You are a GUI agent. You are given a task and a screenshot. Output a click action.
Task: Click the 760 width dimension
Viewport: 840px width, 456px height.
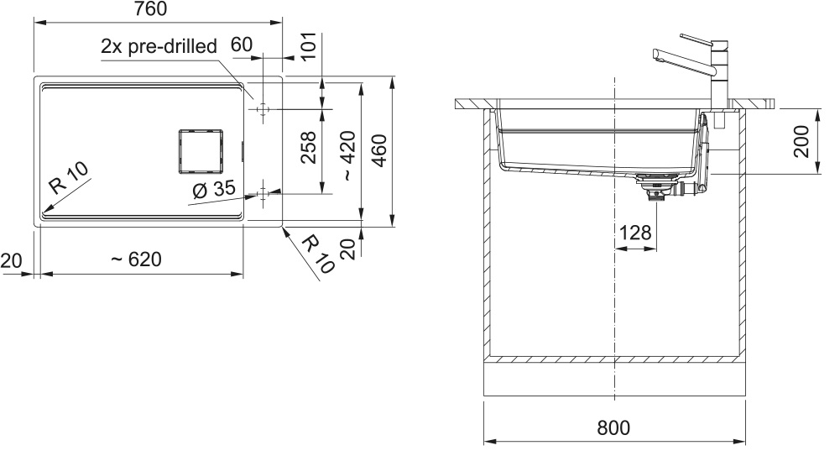click(150, 9)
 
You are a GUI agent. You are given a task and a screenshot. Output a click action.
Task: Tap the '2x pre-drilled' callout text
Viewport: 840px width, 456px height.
click(159, 47)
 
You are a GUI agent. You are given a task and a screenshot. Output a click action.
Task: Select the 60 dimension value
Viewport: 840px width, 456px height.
click(242, 45)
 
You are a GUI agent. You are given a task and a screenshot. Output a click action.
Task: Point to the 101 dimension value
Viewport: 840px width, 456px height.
click(309, 47)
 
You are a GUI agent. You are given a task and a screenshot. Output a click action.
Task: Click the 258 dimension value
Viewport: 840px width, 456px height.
click(309, 147)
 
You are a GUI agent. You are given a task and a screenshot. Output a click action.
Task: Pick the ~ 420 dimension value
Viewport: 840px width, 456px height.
click(347, 155)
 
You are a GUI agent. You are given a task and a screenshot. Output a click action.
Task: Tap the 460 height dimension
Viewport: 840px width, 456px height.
click(378, 150)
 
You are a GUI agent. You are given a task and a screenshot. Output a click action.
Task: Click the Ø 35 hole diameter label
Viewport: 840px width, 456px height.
click(214, 189)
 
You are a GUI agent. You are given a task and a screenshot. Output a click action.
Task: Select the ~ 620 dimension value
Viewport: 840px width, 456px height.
click(136, 259)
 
